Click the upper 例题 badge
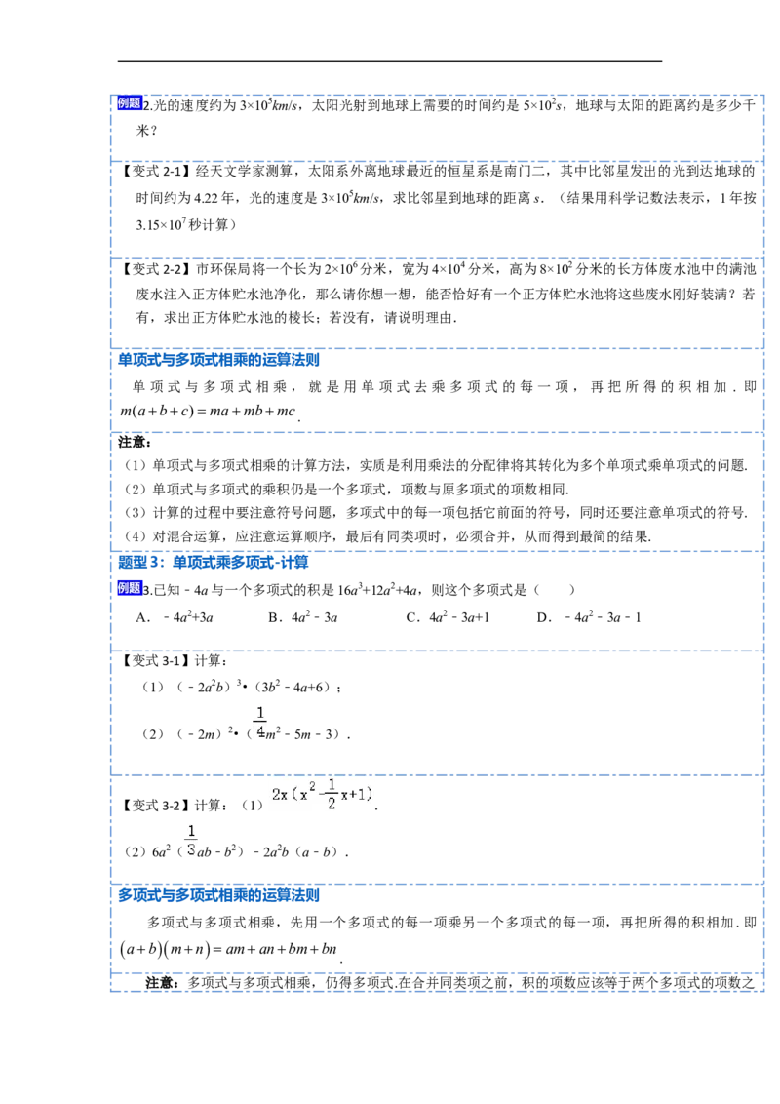pyautogui.click(x=129, y=103)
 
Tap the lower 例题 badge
pyautogui.click(x=129, y=587)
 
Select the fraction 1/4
pyautogui.click(x=260, y=721)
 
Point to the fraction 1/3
pyautogui.click(x=191, y=839)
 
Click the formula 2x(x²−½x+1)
pyautogui.click(x=323, y=794)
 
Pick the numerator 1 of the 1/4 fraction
pyautogui.click(x=260, y=711)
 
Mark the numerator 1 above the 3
pyautogui.click(x=191, y=829)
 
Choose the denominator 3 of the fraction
pyautogui.click(x=191, y=848)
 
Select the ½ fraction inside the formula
pyautogui.click(x=331, y=794)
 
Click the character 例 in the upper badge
pyautogui.click(x=123, y=103)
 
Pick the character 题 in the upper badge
pyautogui.click(x=135, y=103)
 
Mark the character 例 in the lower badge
pyautogui.click(x=123, y=587)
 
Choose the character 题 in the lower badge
pyautogui.click(x=135, y=587)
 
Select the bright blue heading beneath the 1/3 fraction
pyautogui.click(x=218, y=894)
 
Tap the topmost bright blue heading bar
pyautogui.click(x=218, y=358)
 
